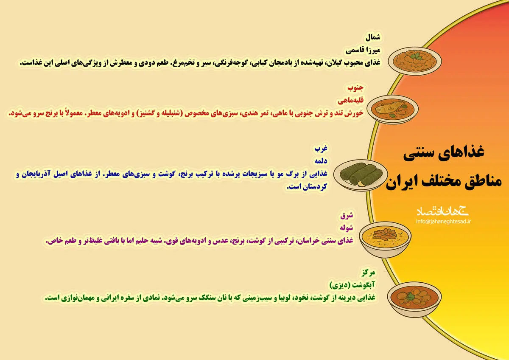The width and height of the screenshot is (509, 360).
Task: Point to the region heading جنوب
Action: click(x=356, y=88)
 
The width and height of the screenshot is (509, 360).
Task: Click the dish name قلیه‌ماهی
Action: click(x=351, y=101)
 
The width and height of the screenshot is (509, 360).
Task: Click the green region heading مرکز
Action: click(x=367, y=272)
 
